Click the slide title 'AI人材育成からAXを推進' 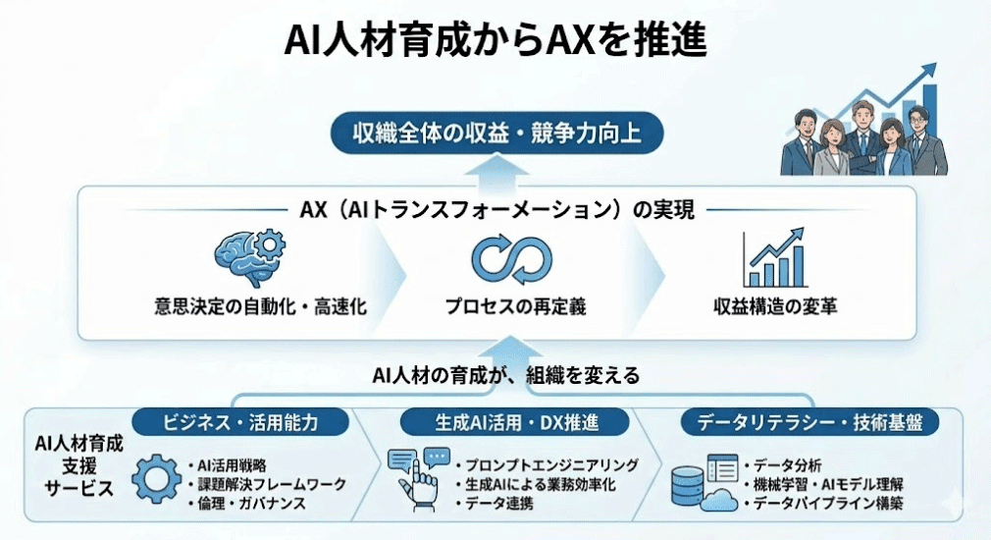[495, 43]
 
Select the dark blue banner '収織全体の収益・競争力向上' [496, 133]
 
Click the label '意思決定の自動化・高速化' [260, 306]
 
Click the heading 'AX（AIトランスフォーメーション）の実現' [496, 209]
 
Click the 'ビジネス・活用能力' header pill [240, 423]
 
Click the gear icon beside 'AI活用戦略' [156, 480]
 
